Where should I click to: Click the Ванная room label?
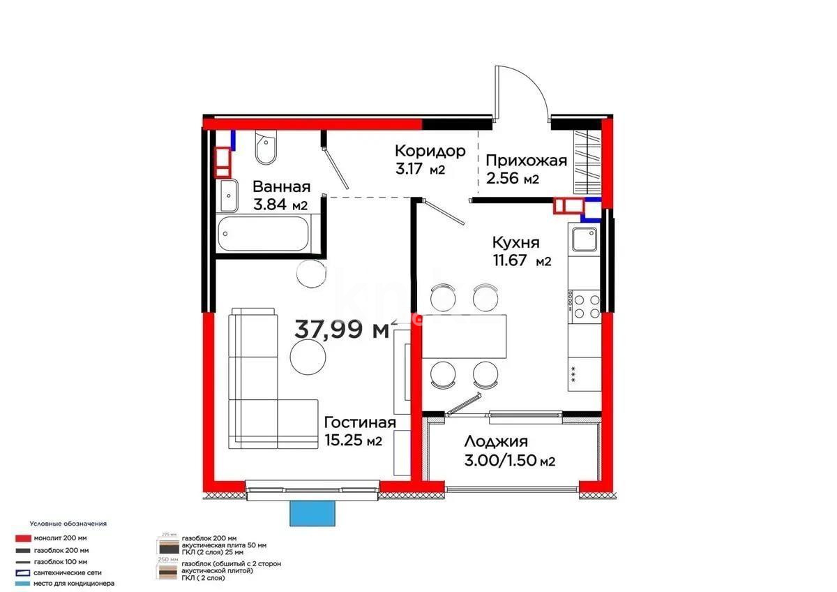tap(281, 187)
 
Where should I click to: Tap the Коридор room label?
tap(430, 151)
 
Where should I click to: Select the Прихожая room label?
tap(526, 161)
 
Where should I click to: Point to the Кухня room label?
tap(515, 243)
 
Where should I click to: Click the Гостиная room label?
tap(360, 422)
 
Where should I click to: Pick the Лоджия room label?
tap(495, 441)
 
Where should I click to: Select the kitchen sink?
tap(584, 240)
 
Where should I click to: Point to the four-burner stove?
tap(585, 306)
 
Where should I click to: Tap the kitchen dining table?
tap(464, 335)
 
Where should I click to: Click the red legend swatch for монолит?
tap(22, 538)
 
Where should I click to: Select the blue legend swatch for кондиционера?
tap(22, 583)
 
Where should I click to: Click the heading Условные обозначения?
tap(68, 523)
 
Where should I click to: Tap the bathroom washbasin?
tap(228, 196)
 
